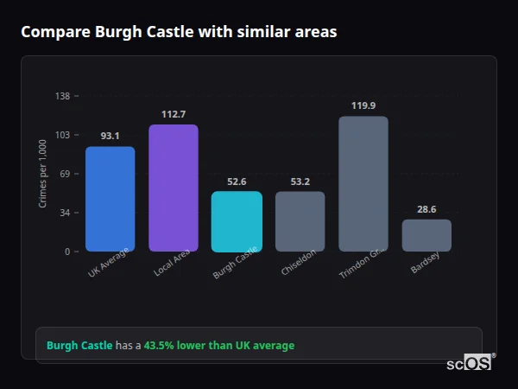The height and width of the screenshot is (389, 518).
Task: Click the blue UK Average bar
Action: pyautogui.click(x=110, y=199)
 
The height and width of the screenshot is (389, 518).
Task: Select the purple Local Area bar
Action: pyautogui.click(x=174, y=188)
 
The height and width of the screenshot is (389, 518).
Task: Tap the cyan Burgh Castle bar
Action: pyautogui.click(x=237, y=221)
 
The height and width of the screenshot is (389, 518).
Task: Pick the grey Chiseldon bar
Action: pyautogui.click(x=300, y=221)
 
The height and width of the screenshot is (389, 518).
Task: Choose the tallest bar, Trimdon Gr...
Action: pyautogui.click(x=363, y=183)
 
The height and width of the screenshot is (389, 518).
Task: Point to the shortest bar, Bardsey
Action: pyautogui.click(x=426, y=235)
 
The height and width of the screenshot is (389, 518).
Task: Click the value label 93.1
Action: pyautogui.click(x=110, y=136)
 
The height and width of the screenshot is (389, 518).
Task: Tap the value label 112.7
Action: pyautogui.click(x=174, y=114)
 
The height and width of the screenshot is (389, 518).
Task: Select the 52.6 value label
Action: pyautogui.click(x=237, y=182)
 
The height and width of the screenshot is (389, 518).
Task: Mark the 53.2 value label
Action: pyautogui.click(x=300, y=182)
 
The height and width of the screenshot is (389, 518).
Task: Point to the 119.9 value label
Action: pyautogui.click(x=363, y=105)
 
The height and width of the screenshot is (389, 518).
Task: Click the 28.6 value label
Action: pyautogui.click(x=426, y=209)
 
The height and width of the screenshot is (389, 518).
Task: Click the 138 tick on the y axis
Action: pyautogui.click(x=62, y=96)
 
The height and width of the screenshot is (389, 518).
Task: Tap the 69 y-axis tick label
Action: pyautogui.click(x=65, y=174)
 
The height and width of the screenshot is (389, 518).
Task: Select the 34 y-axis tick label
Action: pyautogui.click(x=65, y=213)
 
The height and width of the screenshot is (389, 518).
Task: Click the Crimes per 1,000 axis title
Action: pyautogui.click(x=43, y=174)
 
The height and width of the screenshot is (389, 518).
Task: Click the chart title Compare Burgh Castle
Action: pyautogui.click(x=179, y=32)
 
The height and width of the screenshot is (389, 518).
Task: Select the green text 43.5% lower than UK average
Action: pyautogui.click(x=219, y=346)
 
